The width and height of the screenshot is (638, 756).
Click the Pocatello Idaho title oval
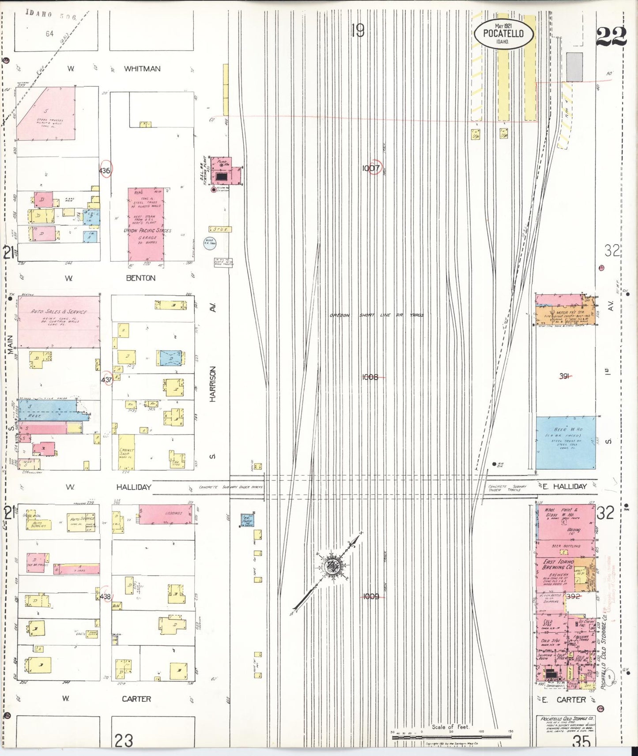[503, 34]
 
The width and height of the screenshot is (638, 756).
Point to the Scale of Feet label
[450, 727]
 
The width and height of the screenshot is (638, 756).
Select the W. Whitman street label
[132, 69]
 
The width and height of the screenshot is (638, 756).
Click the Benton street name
[140, 278]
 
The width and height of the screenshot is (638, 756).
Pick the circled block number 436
[105, 171]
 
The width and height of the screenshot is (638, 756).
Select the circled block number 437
[107, 380]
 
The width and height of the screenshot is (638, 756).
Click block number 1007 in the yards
[371, 168]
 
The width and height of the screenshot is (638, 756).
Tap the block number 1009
[371, 596]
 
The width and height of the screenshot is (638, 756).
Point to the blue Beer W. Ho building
[565, 442]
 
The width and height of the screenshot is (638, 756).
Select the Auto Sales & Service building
[58, 321]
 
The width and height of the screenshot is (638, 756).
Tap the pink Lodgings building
[166, 514]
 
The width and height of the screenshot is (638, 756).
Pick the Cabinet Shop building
[127, 452]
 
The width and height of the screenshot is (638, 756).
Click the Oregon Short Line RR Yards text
[377, 315]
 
